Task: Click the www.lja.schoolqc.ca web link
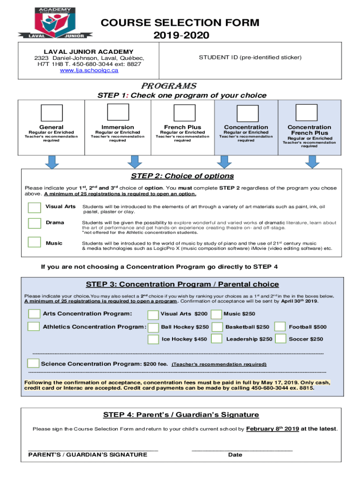pyautogui.click(x=88, y=71)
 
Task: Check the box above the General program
pyautogui.click(x=51, y=113)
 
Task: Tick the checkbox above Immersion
pyautogui.click(x=118, y=113)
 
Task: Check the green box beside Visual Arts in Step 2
pyautogui.click(x=34, y=207)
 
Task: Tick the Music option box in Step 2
pyautogui.click(x=34, y=242)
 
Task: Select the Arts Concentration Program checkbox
pyautogui.click(x=34, y=313)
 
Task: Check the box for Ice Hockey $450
pyautogui.click(x=153, y=339)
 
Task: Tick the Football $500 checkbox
pyautogui.click(x=280, y=327)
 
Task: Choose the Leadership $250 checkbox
pyautogui.click(x=216, y=339)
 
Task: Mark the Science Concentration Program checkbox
pyautogui.click(x=33, y=363)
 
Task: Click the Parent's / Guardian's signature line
pyautogui.click(x=93, y=450)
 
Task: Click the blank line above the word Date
pyautogui.click(x=242, y=450)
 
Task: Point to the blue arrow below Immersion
pyautogui.click(x=135, y=162)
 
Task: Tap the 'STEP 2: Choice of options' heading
pyautogui.click(x=182, y=176)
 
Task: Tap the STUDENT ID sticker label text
pyautogui.click(x=250, y=58)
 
